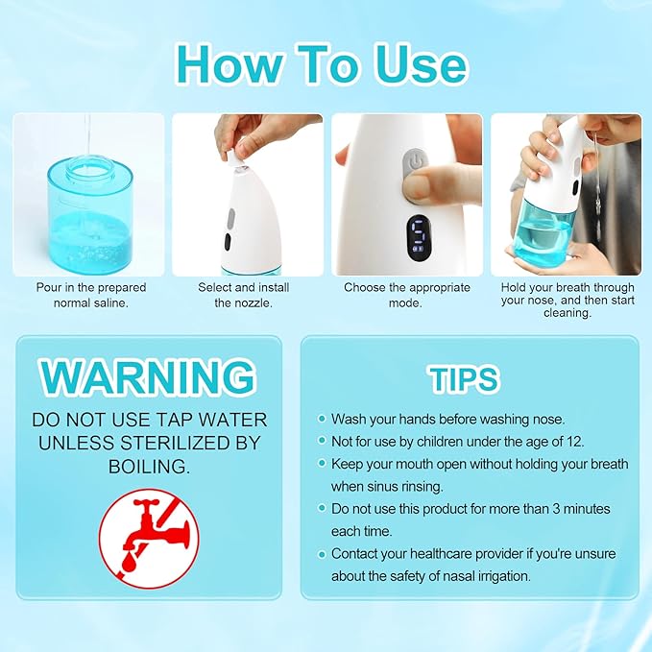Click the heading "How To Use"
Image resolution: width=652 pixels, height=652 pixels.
coord(322,63)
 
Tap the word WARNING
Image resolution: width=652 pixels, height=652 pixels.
coord(149,377)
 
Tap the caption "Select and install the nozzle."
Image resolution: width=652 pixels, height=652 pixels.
coord(243,295)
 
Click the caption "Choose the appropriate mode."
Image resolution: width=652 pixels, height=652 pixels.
coord(407,295)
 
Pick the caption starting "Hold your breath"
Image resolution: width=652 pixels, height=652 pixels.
coord(567,300)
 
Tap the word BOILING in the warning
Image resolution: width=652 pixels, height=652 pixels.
coord(149,466)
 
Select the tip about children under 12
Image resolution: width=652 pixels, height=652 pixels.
coord(457,442)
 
